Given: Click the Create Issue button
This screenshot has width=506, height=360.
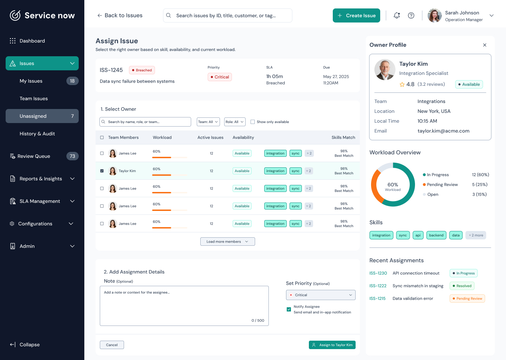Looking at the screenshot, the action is tap(356, 15).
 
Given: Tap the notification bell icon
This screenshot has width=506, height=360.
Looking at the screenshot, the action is tap(397, 15).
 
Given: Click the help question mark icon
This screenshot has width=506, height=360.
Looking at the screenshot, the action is tap(411, 15).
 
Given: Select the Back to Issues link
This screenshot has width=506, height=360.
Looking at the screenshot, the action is tap(120, 15).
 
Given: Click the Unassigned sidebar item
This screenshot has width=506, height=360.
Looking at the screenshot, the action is tap(42, 116).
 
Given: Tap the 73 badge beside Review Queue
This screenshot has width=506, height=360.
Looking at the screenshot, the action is tap(72, 156).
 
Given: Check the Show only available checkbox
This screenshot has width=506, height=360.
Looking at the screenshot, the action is tap(253, 122).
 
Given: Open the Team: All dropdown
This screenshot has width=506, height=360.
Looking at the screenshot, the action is tap(208, 122).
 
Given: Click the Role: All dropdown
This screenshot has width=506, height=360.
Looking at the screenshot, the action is tap(235, 122).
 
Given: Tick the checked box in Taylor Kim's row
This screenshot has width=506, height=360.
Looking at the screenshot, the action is tap(102, 171).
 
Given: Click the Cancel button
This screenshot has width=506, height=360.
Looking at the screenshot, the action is tap(112, 345).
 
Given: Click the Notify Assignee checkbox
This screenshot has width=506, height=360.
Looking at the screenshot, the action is tap(289, 309).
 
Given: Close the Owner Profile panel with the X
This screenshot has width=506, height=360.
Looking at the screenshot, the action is tap(485, 45).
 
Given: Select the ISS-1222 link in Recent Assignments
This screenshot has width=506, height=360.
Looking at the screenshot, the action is tap(378, 286).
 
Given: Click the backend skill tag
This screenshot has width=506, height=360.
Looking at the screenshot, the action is tap(436, 235).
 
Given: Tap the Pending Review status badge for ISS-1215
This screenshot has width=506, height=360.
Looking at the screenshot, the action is tap(467, 298).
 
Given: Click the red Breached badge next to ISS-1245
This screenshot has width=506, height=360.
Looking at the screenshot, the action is tap(142, 70).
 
